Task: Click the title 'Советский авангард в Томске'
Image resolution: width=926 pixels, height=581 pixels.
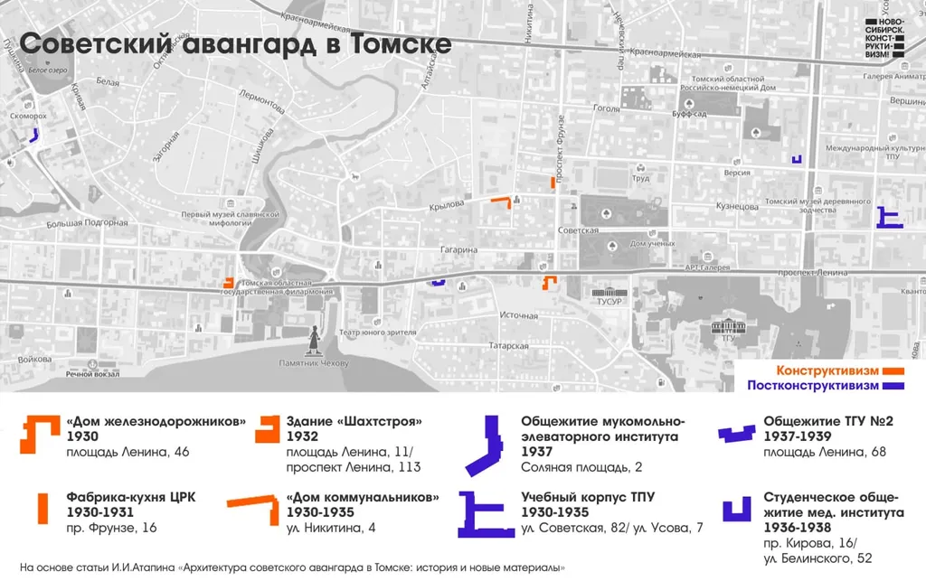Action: click(235, 44)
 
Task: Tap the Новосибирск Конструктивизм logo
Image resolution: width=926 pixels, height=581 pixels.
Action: click(884, 38)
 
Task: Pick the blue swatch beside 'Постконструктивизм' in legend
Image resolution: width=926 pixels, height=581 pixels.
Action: click(893, 386)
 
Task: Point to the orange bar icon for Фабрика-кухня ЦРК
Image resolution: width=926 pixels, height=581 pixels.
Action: click(42, 509)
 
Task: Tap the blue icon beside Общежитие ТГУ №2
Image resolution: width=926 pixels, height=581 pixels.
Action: click(736, 433)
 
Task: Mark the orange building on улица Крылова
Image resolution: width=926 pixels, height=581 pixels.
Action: click(501, 201)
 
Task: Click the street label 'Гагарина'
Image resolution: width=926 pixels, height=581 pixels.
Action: click(459, 249)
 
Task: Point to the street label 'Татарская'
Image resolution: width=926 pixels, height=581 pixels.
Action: click(508, 346)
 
